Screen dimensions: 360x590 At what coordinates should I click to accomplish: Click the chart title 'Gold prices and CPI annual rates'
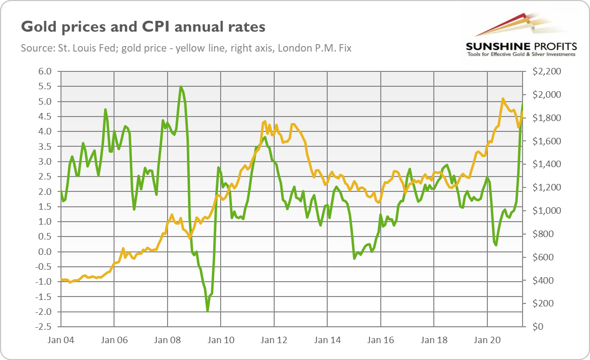click(143, 26)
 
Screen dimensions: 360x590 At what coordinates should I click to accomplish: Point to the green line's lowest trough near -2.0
click(207, 310)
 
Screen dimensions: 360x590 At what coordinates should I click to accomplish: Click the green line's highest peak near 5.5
click(181, 87)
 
